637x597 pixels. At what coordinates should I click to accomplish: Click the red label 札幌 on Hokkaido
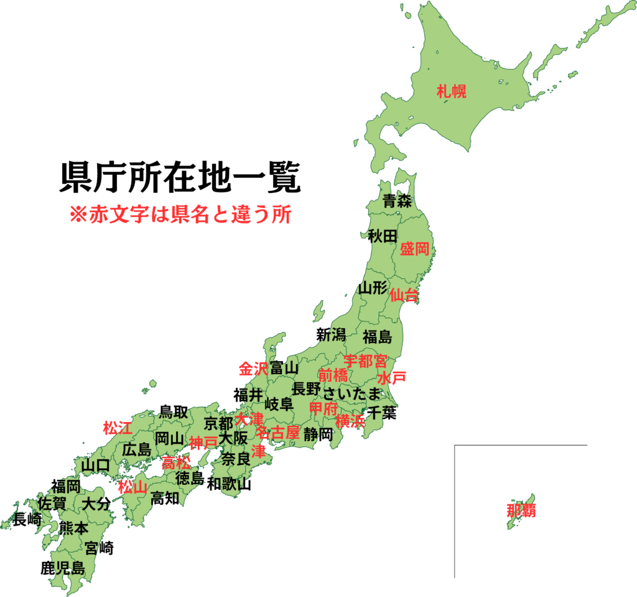tap(451, 92)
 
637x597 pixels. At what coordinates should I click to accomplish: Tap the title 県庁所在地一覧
tap(180, 179)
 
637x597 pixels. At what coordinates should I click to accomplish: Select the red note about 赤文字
tap(180, 214)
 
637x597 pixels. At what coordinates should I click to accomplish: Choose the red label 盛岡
tap(414, 250)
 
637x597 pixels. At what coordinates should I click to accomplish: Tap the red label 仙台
tap(404, 295)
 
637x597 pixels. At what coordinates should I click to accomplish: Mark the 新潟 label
tap(331, 334)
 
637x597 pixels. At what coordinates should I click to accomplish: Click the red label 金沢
tap(253, 368)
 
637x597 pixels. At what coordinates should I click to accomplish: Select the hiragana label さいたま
tap(351, 393)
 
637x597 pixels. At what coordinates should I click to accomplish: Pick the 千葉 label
tap(381, 412)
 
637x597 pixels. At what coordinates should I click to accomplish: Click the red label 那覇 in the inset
tap(521, 511)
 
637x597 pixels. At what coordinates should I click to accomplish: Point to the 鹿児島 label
tap(62, 568)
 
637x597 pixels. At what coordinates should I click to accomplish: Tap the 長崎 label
tap(28, 519)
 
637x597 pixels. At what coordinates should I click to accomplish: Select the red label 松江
tap(118, 428)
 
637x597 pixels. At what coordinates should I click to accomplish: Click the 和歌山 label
tap(229, 484)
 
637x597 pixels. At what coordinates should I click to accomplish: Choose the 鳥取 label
tap(174, 411)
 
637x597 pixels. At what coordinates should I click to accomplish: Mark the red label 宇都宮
tap(366, 360)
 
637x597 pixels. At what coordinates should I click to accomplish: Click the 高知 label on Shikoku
tap(165, 498)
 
